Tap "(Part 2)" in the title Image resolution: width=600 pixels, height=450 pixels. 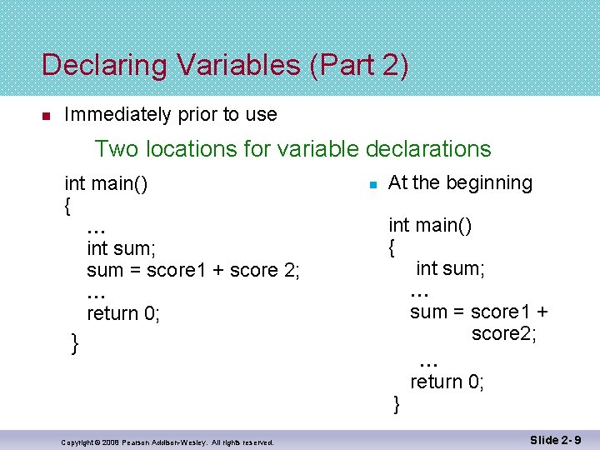358,65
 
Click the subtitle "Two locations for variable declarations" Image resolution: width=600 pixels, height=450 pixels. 292,149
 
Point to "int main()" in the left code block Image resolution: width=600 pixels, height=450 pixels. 107,183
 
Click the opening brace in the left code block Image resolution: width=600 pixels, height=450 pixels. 67,205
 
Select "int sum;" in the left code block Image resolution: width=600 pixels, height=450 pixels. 122,248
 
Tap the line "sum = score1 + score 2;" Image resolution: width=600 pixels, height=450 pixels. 193,270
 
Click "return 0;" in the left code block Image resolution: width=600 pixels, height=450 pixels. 123,313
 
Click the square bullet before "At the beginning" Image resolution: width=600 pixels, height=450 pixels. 375,183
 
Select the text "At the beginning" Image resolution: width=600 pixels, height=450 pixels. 460,182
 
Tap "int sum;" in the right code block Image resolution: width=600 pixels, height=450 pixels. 450,268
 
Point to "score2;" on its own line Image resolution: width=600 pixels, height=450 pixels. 503,333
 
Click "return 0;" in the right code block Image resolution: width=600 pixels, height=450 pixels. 447,382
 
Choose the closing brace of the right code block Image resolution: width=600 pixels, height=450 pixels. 397,404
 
